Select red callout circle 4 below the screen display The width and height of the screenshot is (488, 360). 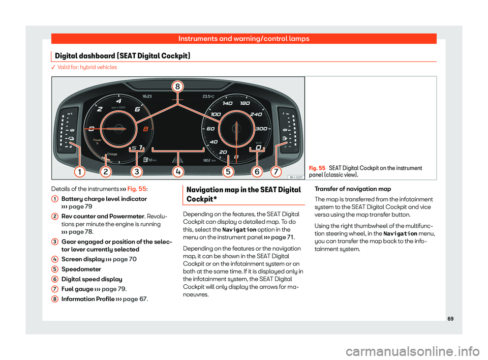[x=178, y=172]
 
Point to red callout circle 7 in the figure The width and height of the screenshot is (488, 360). [x=276, y=172]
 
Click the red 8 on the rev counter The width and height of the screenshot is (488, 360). [x=146, y=129]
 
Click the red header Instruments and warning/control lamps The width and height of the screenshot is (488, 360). [x=243, y=39]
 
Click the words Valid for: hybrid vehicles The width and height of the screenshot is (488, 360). [x=87, y=67]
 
